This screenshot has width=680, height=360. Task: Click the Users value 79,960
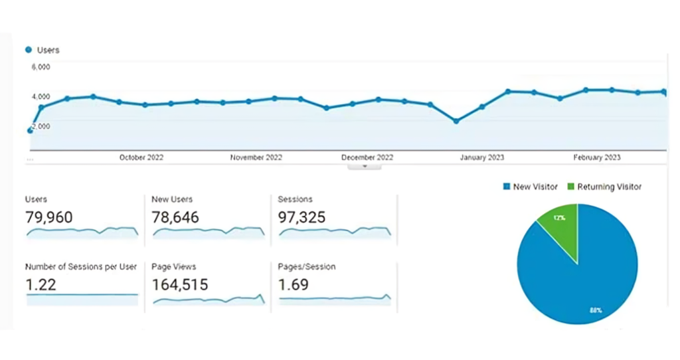tap(49, 217)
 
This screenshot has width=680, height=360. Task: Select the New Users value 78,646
tap(175, 217)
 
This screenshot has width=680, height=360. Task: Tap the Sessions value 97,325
tap(302, 217)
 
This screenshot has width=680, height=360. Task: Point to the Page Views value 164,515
tap(179, 285)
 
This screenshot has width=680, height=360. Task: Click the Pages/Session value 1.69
tap(294, 285)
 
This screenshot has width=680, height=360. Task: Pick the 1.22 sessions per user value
tap(41, 285)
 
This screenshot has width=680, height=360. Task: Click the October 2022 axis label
tap(141, 157)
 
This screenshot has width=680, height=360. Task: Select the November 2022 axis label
tap(256, 157)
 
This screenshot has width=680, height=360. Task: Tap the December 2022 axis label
tap(367, 157)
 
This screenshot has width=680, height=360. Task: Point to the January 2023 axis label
tap(482, 157)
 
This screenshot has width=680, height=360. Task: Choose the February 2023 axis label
tap(597, 157)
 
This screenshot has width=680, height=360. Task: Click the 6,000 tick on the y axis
tap(41, 66)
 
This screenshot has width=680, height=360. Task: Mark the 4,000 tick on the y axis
tap(41, 96)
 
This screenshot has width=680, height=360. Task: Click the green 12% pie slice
tap(560, 220)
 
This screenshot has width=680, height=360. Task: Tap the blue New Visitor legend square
tap(506, 187)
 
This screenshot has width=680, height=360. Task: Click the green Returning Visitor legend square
tap(570, 187)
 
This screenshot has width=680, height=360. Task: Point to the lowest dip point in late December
tap(456, 121)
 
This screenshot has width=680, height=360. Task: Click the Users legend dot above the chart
tap(29, 50)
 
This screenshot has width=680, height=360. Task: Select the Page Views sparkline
tap(209, 300)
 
